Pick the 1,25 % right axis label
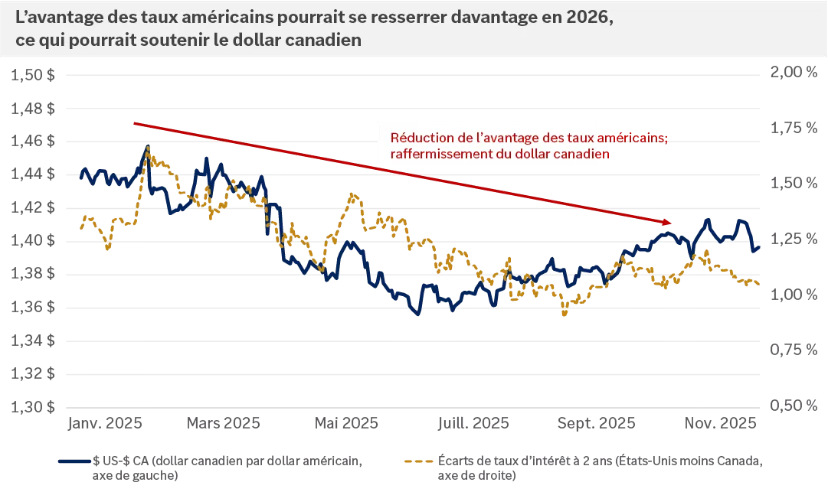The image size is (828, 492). [792, 239]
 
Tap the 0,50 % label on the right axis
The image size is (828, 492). [792, 406]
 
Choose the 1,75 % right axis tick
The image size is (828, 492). [792, 128]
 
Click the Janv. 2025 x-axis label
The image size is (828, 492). [103, 423]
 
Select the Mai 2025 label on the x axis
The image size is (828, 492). [347, 423]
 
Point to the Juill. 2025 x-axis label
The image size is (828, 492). [473, 423]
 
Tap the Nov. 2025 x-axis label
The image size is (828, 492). [721, 423]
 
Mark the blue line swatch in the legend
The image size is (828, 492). [75, 461]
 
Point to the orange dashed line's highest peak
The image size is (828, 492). [146, 147]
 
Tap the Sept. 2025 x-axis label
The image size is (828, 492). [597, 423]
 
